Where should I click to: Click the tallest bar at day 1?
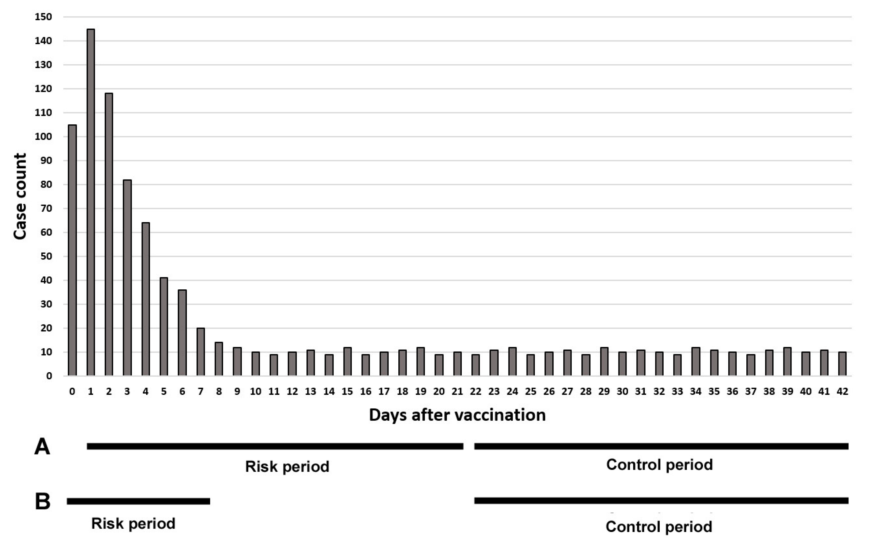(x=91, y=202)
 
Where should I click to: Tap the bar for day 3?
(x=127, y=277)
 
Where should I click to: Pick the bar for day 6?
(x=182, y=332)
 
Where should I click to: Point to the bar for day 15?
(x=347, y=361)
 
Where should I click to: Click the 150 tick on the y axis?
(x=43, y=17)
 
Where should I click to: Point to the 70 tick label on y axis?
(x=46, y=208)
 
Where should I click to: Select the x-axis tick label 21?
(x=457, y=392)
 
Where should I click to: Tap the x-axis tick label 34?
(x=696, y=392)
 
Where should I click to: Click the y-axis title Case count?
(x=20, y=196)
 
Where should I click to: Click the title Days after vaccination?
(x=457, y=415)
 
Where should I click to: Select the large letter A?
(x=42, y=447)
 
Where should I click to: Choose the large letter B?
(x=43, y=502)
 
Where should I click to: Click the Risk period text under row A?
(x=287, y=466)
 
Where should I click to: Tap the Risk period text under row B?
(x=133, y=523)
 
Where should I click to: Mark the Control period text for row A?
(x=659, y=465)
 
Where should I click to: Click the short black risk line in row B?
(x=138, y=501)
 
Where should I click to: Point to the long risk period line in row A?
(x=275, y=446)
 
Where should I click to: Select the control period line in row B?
(x=661, y=500)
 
